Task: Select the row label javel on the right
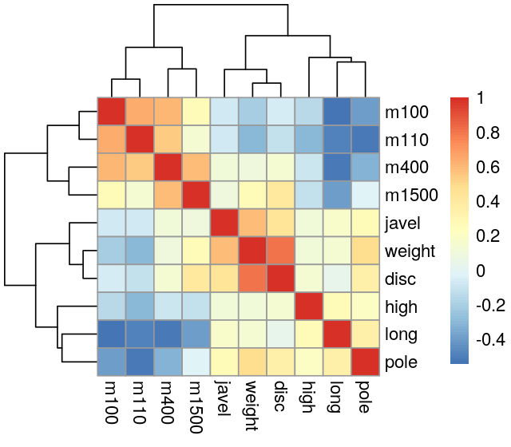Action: coord(401,223)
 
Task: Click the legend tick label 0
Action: coord(480,271)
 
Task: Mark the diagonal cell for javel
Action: coord(224,223)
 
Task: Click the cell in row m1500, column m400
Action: coord(168,195)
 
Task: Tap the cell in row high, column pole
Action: coord(365,307)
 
